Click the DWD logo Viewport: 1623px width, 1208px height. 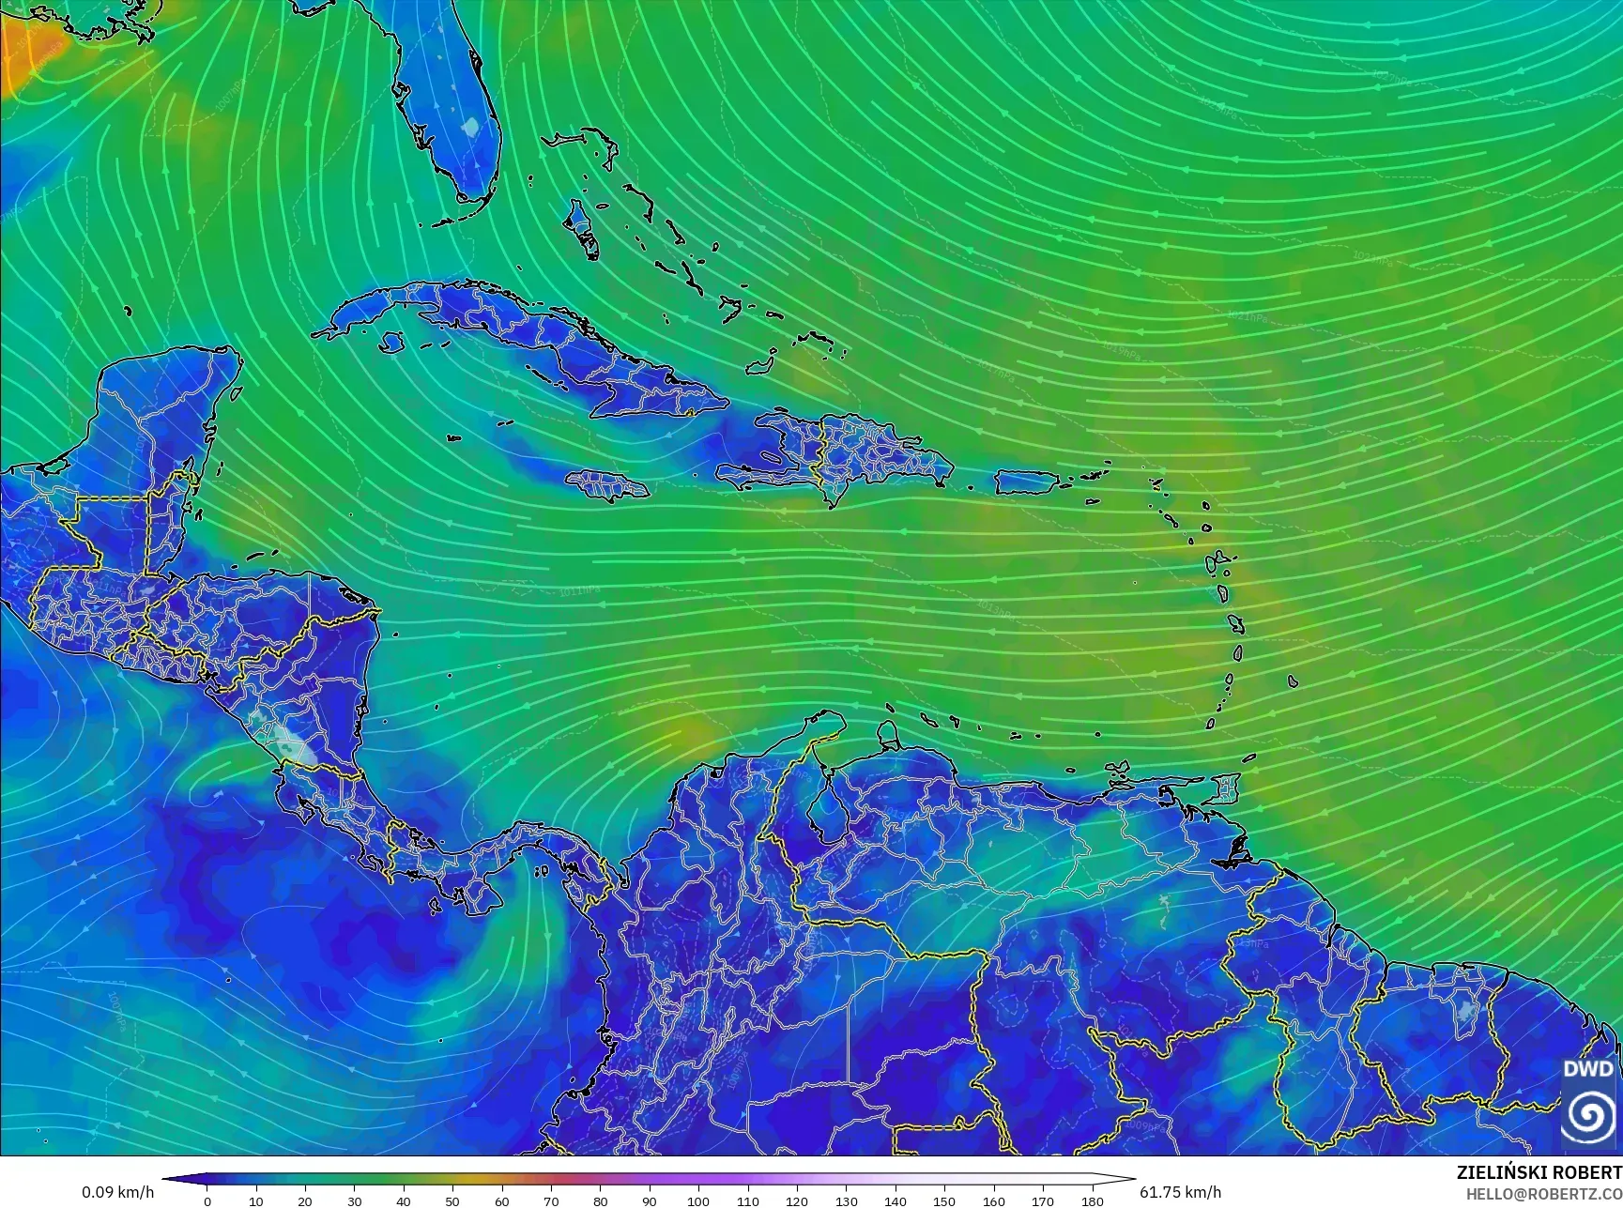click(x=1590, y=1103)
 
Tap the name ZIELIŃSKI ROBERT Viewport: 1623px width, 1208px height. click(x=1539, y=1172)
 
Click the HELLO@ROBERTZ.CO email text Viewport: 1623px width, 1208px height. click(x=1544, y=1193)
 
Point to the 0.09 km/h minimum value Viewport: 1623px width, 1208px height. click(x=117, y=1192)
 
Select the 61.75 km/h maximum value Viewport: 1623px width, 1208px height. click(x=1180, y=1192)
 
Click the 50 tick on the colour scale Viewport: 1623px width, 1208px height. click(x=452, y=1200)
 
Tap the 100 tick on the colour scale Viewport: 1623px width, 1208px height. click(x=698, y=1200)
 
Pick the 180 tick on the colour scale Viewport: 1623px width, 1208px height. click(x=1092, y=1200)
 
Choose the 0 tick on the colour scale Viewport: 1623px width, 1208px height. click(x=207, y=1200)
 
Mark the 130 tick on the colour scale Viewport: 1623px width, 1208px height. click(x=846, y=1200)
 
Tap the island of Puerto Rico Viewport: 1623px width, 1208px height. click(x=1026, y=482)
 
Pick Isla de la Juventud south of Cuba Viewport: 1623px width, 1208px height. click(x=391, y=343)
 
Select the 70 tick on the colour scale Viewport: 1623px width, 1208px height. click(x=551, y=1200)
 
